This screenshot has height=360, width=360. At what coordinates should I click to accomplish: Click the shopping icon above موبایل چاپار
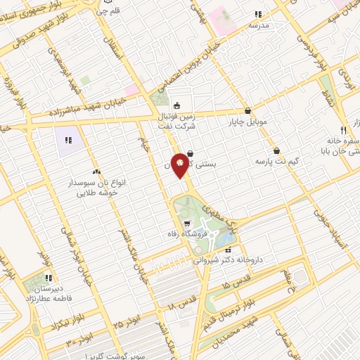(247, 110)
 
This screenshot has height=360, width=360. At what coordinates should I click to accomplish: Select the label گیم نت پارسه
(276, 161)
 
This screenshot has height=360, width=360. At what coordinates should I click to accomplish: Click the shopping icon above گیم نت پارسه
(276, 150)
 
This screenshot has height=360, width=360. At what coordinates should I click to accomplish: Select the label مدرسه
(259, 25)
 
